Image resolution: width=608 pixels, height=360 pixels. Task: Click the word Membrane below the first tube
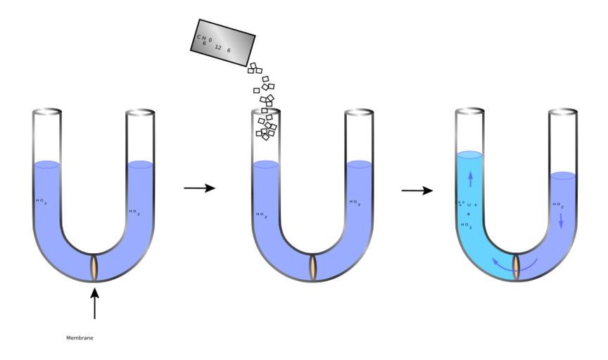click(80, 338)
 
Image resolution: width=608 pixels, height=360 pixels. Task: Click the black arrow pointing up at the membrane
click(95, 302)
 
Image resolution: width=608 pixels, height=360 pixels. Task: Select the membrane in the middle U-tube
click(314, 267)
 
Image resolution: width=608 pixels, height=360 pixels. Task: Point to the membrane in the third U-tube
click(517, 267)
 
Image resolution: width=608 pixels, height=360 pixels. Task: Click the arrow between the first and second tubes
click(199, 188)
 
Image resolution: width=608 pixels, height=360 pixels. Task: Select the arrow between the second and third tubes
click(417, 190)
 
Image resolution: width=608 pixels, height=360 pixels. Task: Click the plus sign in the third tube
click(468, 214)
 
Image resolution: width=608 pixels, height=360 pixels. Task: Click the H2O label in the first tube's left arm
click(42, 202)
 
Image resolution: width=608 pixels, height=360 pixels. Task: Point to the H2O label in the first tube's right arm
click(134, 212)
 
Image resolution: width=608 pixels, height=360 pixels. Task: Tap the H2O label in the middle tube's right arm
click(355, 203)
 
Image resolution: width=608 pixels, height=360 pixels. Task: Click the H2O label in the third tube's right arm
click(558, 206)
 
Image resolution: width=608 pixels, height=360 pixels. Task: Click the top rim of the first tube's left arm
click(47, 112)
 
